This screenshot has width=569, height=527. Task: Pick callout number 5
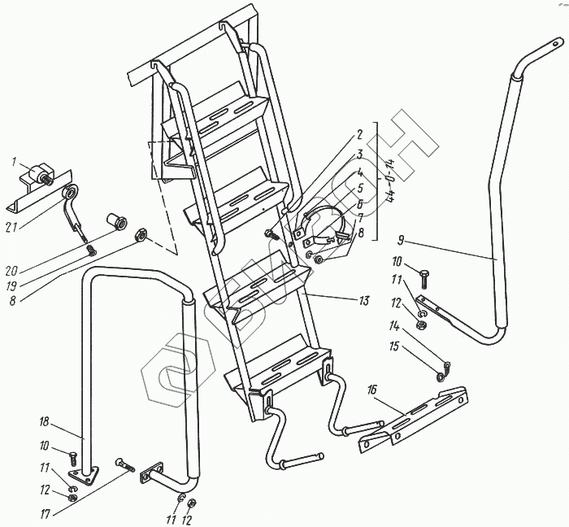[x=359, y=186]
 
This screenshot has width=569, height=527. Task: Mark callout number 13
[x=363, y=301]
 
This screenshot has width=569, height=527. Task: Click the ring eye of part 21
[x=72, y=193]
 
